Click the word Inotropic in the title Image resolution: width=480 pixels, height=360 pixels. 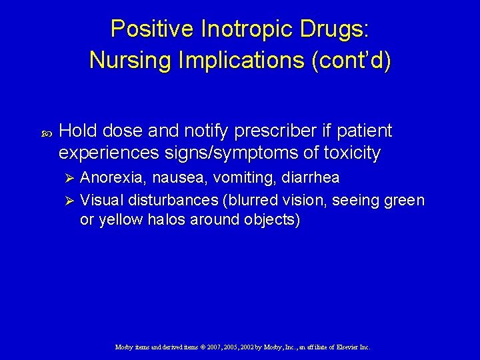pyautogui.click(x=225, y=29)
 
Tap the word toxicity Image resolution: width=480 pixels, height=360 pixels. pyautogui.click(x=351, y=153)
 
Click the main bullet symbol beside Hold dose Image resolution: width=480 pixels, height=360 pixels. pyautogui.click(x=46, y=132)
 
